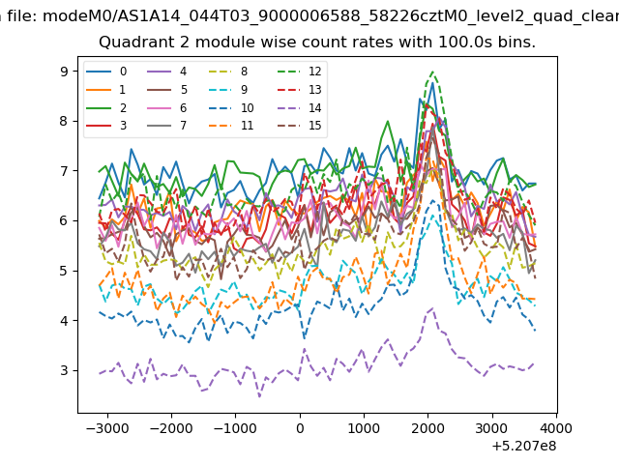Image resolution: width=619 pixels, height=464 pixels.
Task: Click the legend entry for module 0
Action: [x=106, y=72]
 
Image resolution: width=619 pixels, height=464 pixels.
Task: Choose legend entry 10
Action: [x=231, y=107]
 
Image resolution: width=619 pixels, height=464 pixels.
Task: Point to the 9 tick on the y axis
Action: [x=64, y=72]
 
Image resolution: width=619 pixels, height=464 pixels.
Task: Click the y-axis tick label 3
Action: [x=64, y=370]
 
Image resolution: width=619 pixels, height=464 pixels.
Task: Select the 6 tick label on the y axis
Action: [x=64, y=221]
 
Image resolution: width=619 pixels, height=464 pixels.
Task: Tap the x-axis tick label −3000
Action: [x=107, y=428]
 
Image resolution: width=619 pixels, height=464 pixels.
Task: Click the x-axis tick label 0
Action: [x=300, y=428]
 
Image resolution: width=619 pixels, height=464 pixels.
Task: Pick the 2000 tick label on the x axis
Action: [x=428, y=428]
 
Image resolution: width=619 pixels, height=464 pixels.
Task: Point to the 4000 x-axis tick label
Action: [x=557, y=428]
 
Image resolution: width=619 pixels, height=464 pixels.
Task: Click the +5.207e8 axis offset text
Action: [x=524, y=447]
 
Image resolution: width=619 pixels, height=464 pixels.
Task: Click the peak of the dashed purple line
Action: [x=432, y=308]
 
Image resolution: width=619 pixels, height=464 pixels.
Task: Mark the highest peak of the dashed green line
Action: [x=433, y=72]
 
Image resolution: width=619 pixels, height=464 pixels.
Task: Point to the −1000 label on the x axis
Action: [x=235, y=428]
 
